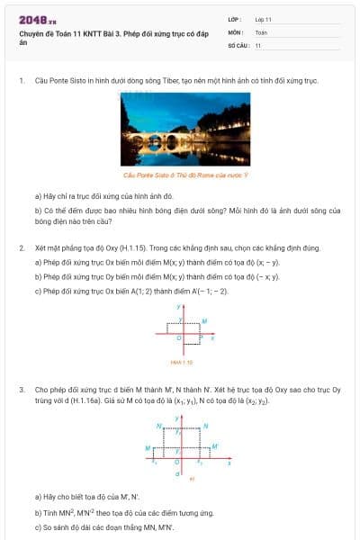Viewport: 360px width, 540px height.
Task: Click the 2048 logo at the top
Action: [38, 19]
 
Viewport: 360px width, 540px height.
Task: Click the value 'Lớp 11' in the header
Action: [263, 19]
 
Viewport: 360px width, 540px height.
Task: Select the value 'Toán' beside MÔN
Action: [261, 31]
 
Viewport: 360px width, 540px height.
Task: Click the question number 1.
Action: [21, 80]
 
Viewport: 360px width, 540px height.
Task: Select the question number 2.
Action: [21, 247]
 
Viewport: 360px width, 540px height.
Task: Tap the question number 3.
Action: [21, 390]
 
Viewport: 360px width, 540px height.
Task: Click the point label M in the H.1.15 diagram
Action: [204, 320]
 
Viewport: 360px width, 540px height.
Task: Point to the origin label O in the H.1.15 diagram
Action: [176, 338]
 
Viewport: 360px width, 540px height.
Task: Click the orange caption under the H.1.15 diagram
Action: [179, 362]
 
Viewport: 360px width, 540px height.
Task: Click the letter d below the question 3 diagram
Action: [177, 472]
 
